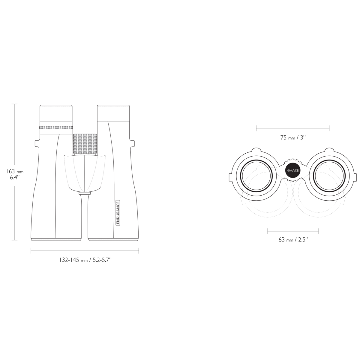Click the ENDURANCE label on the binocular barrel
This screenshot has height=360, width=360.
click(118, 213)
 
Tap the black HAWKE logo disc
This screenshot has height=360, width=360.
click(293, 171)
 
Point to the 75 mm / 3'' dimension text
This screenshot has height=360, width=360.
click(293, 138)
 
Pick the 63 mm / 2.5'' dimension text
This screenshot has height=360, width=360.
click(293, 240)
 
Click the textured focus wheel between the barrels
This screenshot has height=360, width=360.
click(85, 144)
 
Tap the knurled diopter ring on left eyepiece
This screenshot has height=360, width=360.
click(56, 127)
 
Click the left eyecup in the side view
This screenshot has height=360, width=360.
click(56, 113)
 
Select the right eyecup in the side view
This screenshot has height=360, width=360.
click(113, 113)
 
